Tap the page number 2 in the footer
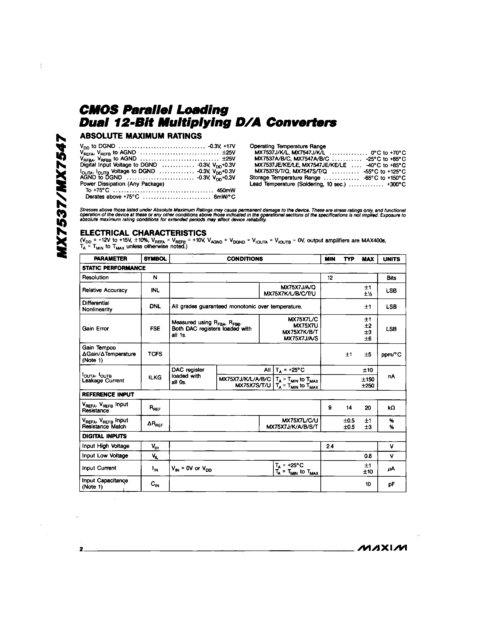click(x=81, y=549)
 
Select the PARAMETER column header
click(x=110, y=259)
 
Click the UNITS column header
click(x=391, y=259)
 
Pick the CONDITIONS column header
click(x=245, y=259)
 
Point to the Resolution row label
click(x=95, y=277)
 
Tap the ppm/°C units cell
click(x=391, y=355)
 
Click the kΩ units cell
click(x=391, y=408)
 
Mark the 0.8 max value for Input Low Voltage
click(x=368, y=456)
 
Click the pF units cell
click(x=391, y=484)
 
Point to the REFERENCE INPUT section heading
click(x=108, y=395)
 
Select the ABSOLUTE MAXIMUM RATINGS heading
click(x=141, y=136)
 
